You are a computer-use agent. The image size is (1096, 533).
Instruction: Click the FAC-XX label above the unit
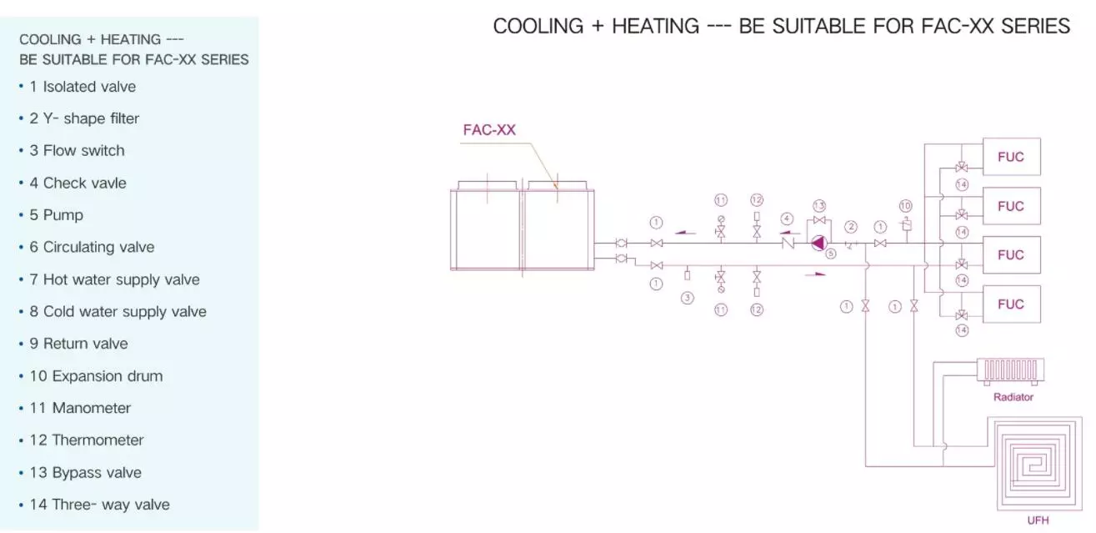coord(489,130)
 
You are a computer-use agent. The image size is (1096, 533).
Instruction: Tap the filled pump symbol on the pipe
coord(819,243)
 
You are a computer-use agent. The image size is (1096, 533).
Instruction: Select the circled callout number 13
coord(819,205)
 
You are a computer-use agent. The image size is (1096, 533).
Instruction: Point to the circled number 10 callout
coord(906,206)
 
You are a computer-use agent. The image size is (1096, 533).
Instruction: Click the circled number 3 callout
coord(688,298)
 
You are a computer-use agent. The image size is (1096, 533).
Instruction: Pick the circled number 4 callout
coord(787,219)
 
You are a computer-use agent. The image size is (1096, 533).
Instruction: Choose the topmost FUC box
coord(1012,157)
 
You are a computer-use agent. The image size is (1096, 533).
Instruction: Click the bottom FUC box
coord(1012,304)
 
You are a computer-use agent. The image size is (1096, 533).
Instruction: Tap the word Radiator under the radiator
coord(1013,397)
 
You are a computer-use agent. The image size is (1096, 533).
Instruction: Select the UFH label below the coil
coord(1038,520)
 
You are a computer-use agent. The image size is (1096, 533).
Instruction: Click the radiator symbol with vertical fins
coord(1010,371)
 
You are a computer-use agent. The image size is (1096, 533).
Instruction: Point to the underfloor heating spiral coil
coord(1035,464)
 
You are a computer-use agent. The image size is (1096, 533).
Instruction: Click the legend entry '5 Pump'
coord(57,215)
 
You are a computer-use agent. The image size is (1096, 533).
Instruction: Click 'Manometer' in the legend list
coord(92,408)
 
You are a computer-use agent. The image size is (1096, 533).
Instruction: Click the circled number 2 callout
coord(851,227)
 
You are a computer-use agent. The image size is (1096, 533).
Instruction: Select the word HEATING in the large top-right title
coord(656,26)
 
